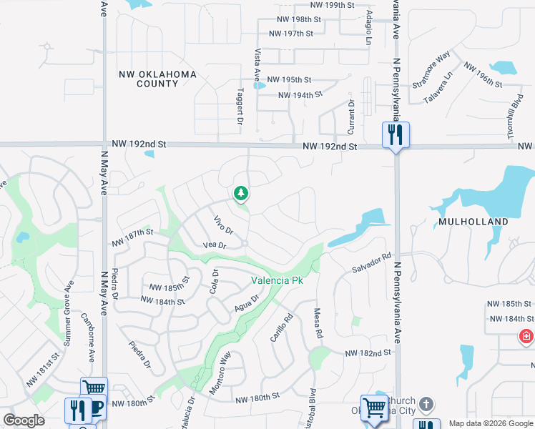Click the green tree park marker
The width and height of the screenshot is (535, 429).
pos(241,193)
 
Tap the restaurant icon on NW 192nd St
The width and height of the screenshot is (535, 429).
pos(395,134)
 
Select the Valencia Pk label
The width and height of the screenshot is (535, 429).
pos(277,280)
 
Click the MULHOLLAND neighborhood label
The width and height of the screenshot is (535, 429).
pos(473,222)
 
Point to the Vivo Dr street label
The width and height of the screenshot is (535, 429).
pos(224,226)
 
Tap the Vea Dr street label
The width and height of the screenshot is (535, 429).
pos(215,245)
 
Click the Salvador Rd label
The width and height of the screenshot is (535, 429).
pos(371,263)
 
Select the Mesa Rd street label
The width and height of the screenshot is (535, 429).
pos(318,322)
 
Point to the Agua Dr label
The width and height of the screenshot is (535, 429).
pos(246,308)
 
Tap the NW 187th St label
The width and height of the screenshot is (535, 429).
pos(133,233)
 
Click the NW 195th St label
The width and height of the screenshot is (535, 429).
pos(289,80)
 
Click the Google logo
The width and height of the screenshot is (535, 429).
pos(24,420)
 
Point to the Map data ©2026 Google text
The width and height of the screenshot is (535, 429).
pos(491,423)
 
